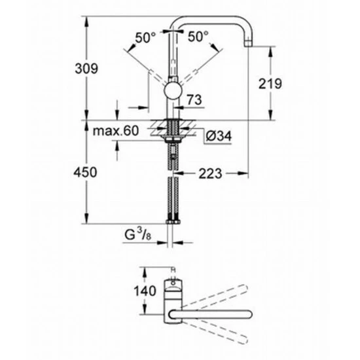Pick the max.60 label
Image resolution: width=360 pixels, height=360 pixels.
[x=115, y=132]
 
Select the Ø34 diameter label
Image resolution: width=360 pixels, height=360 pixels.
[x=217, y=137]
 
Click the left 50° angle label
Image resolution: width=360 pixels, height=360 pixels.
[x=146, y=37]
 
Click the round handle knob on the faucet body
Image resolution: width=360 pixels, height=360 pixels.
[x=173, y=90]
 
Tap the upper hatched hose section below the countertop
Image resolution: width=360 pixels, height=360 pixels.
[x=173, y=156]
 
